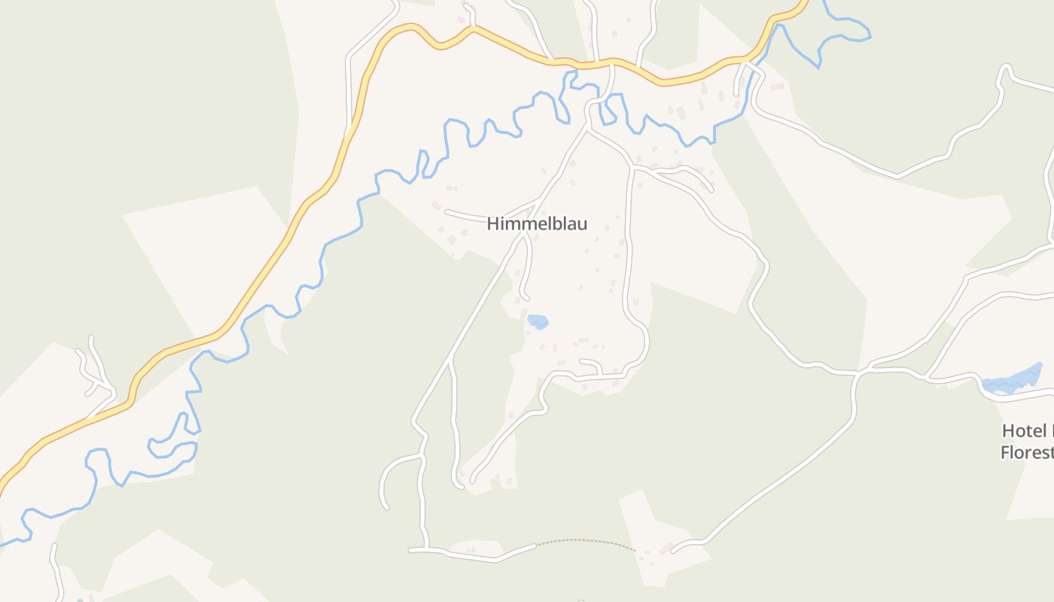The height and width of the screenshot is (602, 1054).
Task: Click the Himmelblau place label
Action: coord(537,223)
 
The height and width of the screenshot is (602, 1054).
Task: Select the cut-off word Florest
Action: coord(1026,452)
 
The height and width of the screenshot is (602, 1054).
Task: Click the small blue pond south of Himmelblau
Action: coord(538,321)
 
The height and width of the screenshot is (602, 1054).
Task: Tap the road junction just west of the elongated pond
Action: coord(928,375)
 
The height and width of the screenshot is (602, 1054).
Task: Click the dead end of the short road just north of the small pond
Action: coord(527,299)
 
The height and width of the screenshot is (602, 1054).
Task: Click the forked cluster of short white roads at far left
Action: coord(95,369)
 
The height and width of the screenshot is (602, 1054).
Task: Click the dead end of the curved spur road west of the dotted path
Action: coord(387,506)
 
